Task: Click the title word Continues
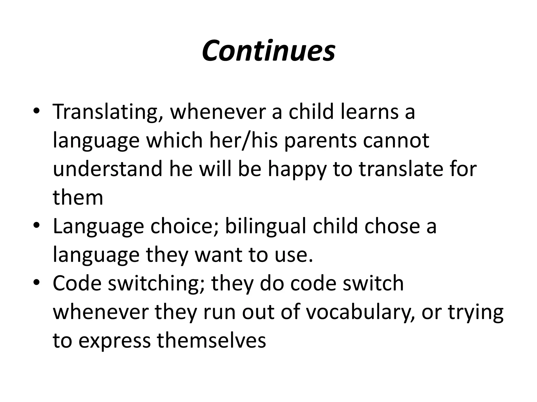pos(268,51)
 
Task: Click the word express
pos(115,341)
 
